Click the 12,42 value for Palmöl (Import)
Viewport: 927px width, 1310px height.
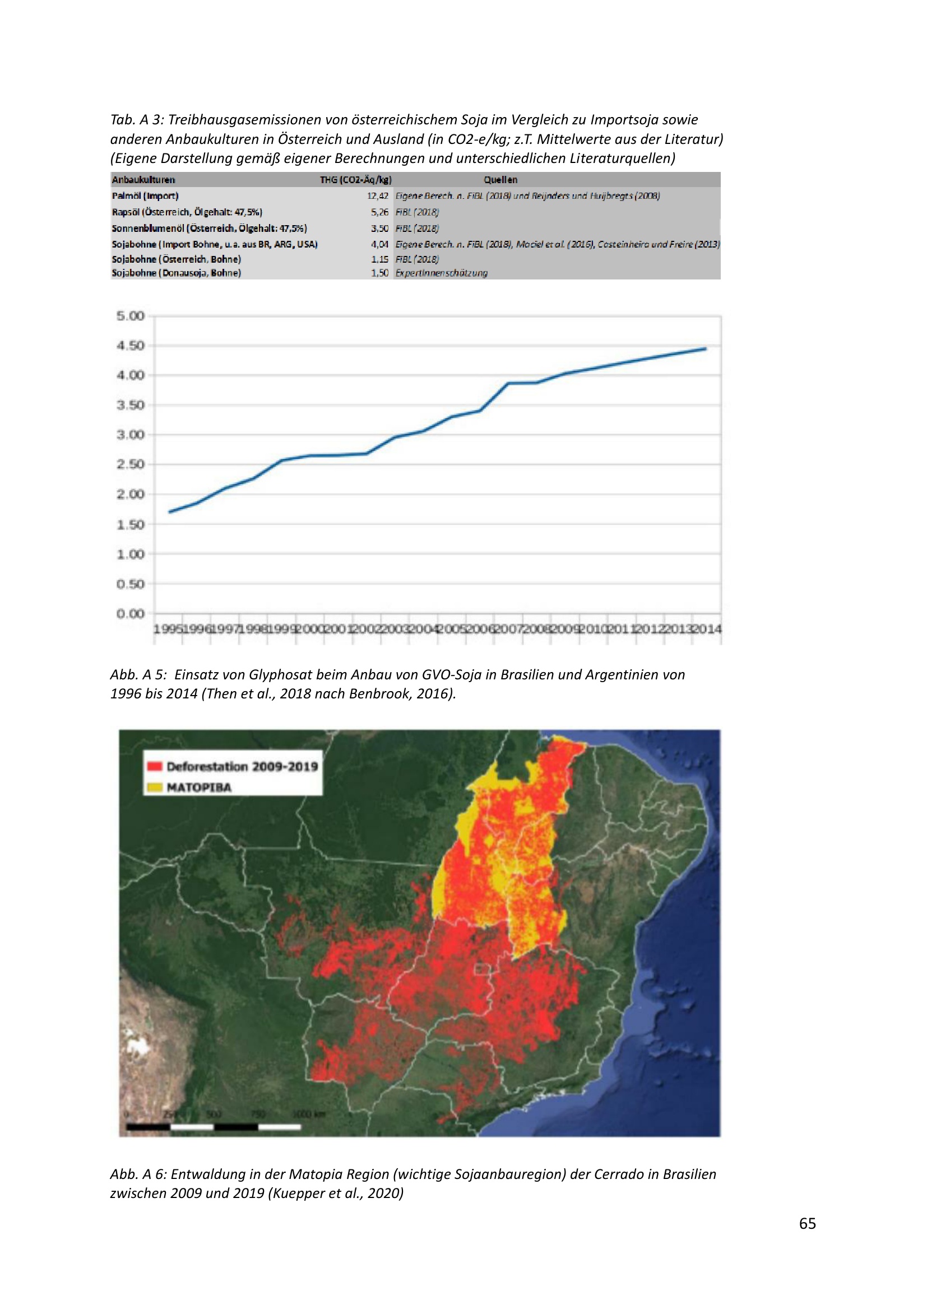(x=377, y=196)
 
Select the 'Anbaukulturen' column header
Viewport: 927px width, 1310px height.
(x=143, y=180)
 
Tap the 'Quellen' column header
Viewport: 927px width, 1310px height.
(x=500, y=180)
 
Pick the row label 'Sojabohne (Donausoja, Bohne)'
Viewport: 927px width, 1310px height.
(x=177, y=273)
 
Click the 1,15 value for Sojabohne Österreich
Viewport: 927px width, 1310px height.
(x=379, y=259)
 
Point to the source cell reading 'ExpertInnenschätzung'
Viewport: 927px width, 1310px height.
(x=441, y=273)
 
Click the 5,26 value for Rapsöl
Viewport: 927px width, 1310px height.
(x=379, y=212)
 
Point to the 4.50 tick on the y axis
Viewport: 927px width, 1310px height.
(x=131, y=346)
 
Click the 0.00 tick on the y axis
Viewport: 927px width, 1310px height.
(x=131, y=614)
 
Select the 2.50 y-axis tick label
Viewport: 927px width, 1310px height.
(x=131, y=464)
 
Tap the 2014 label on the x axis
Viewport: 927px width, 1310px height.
(x=707, y=630)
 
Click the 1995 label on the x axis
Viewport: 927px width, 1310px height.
(x=168, y=630)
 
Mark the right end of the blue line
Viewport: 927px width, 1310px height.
(x=706, y=348)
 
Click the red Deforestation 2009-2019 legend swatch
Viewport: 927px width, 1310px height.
(x=155, y=766)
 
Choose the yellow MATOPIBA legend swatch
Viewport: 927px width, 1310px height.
(x=155, y=788)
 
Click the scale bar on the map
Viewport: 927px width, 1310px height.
(x=214, y=1127)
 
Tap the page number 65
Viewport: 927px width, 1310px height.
(x=807, y=1223)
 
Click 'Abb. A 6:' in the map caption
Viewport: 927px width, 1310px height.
(x=137, y=1174)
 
